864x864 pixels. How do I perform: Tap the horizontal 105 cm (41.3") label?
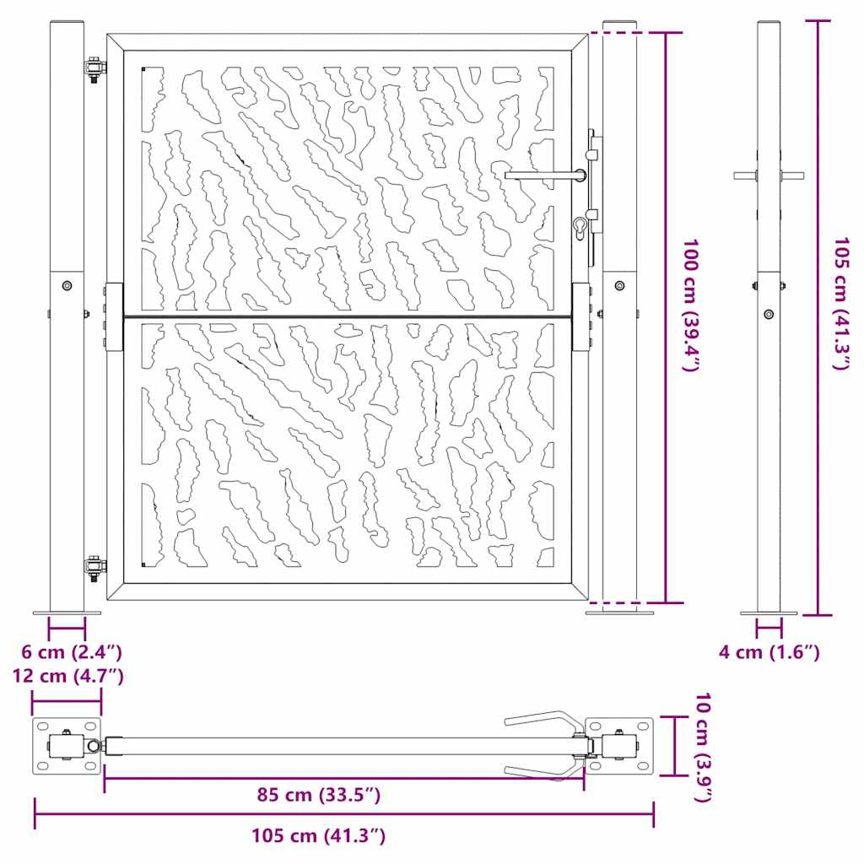point(319,836)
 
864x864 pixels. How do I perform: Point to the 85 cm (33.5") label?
point(319,794)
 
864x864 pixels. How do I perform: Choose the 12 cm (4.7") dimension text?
point(67,675)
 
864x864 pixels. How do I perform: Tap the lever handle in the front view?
point(544,175)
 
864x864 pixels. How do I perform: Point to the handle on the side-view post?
point(769,175)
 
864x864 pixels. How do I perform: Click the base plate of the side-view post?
point(769,613)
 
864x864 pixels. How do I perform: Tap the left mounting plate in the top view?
point(67,747)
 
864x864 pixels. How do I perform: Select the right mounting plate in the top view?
point(620,747)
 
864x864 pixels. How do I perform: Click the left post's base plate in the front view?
point(67,613)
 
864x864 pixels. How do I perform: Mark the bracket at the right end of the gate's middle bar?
point(581,316)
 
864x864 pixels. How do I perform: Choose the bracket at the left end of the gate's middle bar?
point(114,316)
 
